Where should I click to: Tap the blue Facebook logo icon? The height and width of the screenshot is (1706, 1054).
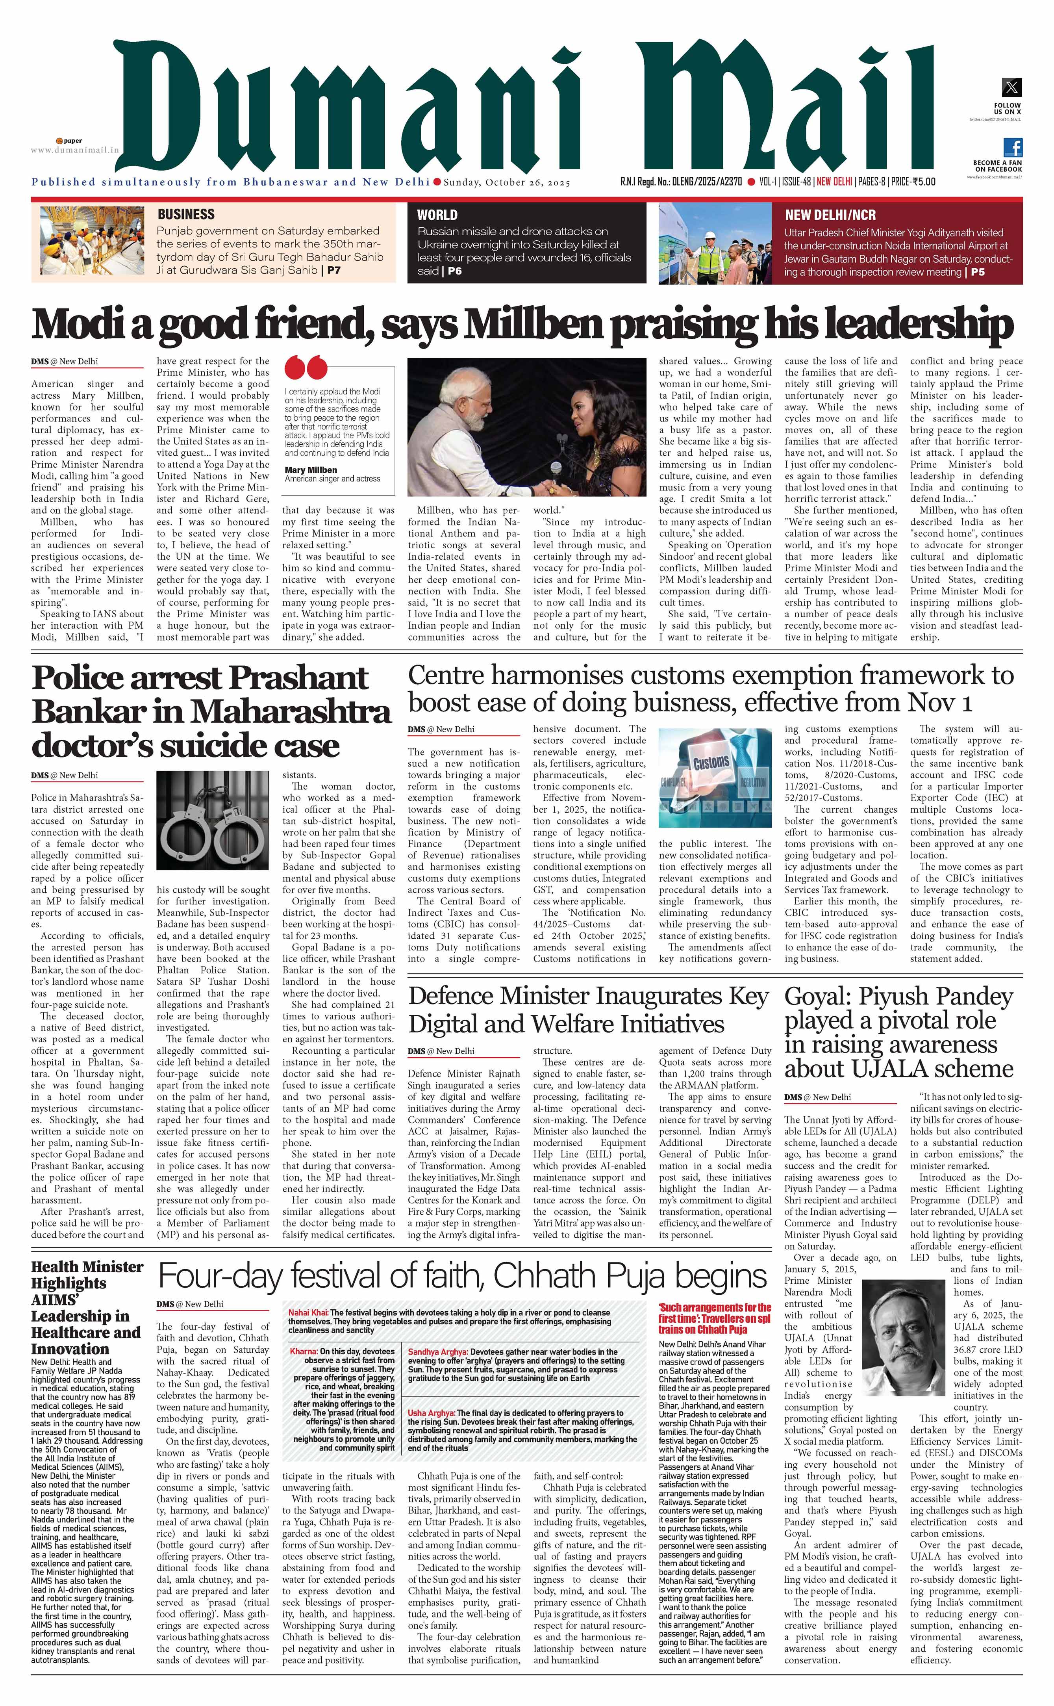1013,147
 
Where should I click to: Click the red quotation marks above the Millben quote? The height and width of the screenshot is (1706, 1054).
305,368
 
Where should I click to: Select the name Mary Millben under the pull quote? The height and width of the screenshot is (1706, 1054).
310,470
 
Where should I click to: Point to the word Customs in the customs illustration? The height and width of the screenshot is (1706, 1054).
711,762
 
